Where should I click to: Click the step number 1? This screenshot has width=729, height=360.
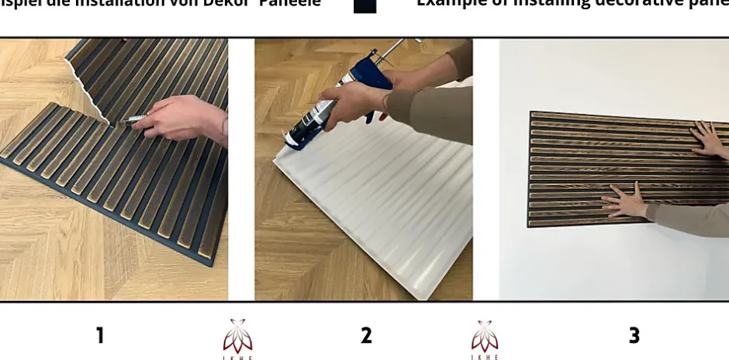99,335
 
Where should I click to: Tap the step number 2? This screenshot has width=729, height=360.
366,335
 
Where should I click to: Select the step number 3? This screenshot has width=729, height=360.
634,335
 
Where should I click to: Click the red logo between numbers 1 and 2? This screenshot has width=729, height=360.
238,338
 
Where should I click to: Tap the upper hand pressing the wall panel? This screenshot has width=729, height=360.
708,137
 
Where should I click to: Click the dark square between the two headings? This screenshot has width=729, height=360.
364,5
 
